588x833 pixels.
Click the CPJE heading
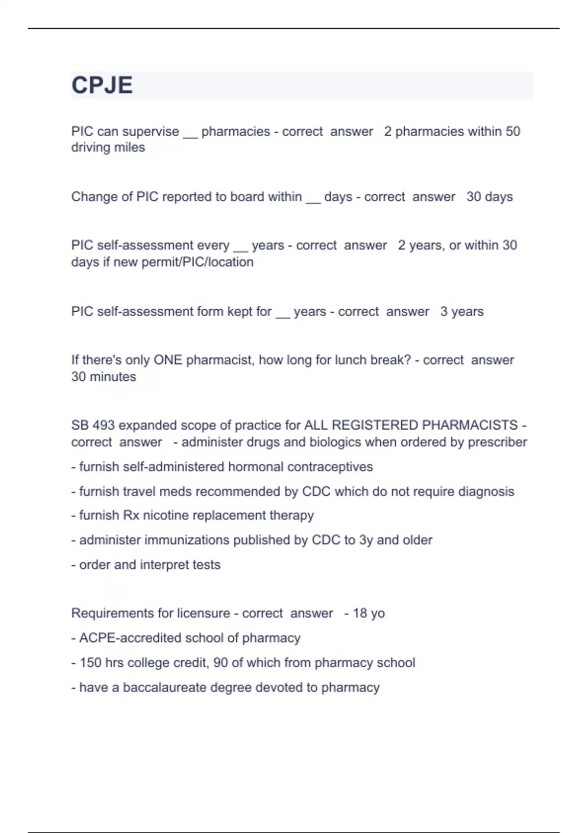click(102, 85)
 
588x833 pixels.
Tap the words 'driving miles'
click(108, 147)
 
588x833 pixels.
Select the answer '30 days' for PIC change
click(489, 197)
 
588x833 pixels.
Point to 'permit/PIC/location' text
click(197, 262)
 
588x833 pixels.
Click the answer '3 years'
click(462, 312)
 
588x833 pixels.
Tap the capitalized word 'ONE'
click(168, 360)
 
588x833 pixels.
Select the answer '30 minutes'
click(103, 377)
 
